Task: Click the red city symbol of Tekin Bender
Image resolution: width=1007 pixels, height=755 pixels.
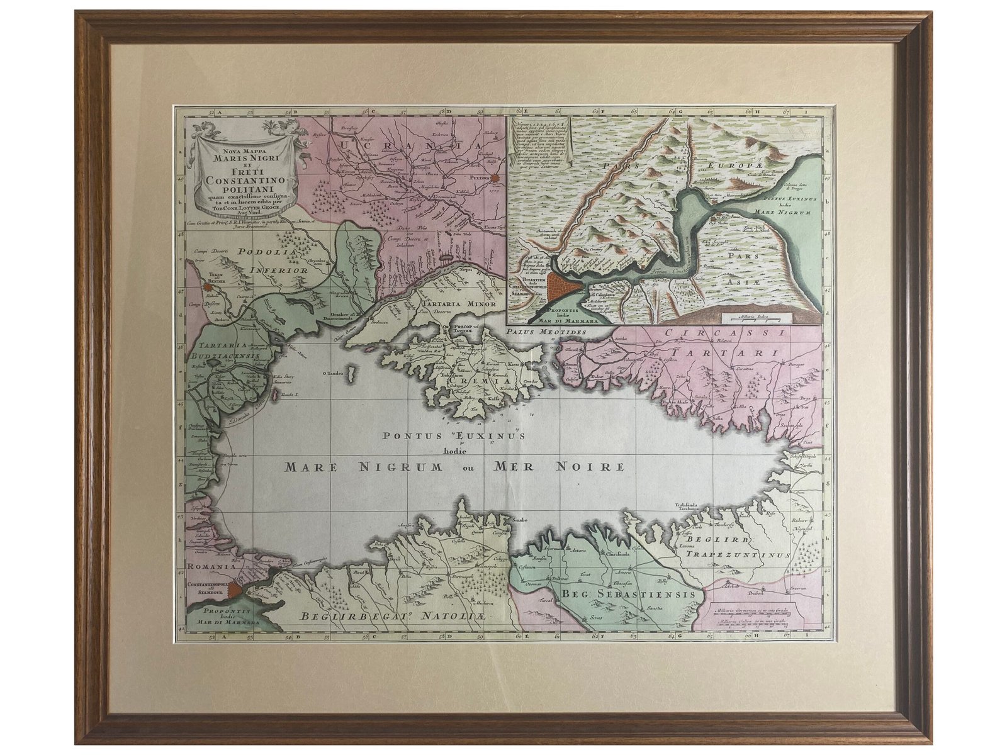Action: pyautogui.click(x=206, y=288)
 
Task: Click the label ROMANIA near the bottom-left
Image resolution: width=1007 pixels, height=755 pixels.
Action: pyautogui.click(x=211, y=566)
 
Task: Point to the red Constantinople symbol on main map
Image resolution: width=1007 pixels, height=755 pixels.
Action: pyautogui.click(x=233, y=590)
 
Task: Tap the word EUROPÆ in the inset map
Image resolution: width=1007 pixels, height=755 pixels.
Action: pyautogui.click(x=733, y=163)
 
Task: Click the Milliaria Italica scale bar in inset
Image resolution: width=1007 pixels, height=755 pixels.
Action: pyautogui.click(x=753, y=312)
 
